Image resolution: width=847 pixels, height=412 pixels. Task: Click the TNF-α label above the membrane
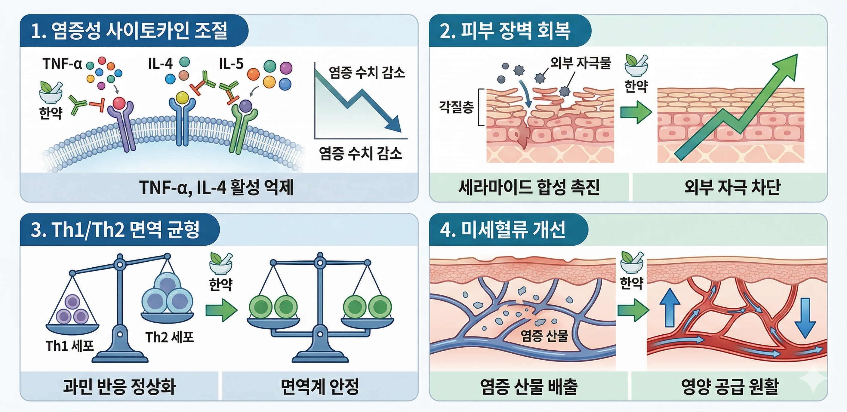[62, 63]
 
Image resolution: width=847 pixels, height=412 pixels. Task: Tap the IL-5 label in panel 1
[231, 63]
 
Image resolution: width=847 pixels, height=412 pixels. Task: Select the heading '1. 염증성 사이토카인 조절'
[129, 31]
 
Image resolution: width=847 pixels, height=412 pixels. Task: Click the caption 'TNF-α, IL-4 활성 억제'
[216, 187]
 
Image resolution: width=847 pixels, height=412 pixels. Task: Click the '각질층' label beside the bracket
[456, 107]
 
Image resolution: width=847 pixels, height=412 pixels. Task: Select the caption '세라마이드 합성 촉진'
[529, 187]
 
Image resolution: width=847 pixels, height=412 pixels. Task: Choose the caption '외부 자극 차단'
[732, 187]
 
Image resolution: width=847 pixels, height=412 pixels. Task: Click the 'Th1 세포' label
[70, 346]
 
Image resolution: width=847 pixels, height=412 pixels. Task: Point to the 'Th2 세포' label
[169, 337]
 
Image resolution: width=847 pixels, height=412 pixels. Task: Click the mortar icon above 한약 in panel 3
[221, 263]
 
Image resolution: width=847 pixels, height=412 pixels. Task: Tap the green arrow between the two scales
[221, 309]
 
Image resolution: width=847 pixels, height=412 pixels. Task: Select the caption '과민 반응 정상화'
[119, 386]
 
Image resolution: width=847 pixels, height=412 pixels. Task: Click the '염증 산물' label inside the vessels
[544, 336]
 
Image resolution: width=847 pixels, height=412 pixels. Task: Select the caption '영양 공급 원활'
[730, 386]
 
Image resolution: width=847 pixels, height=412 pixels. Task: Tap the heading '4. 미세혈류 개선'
[503, 229]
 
